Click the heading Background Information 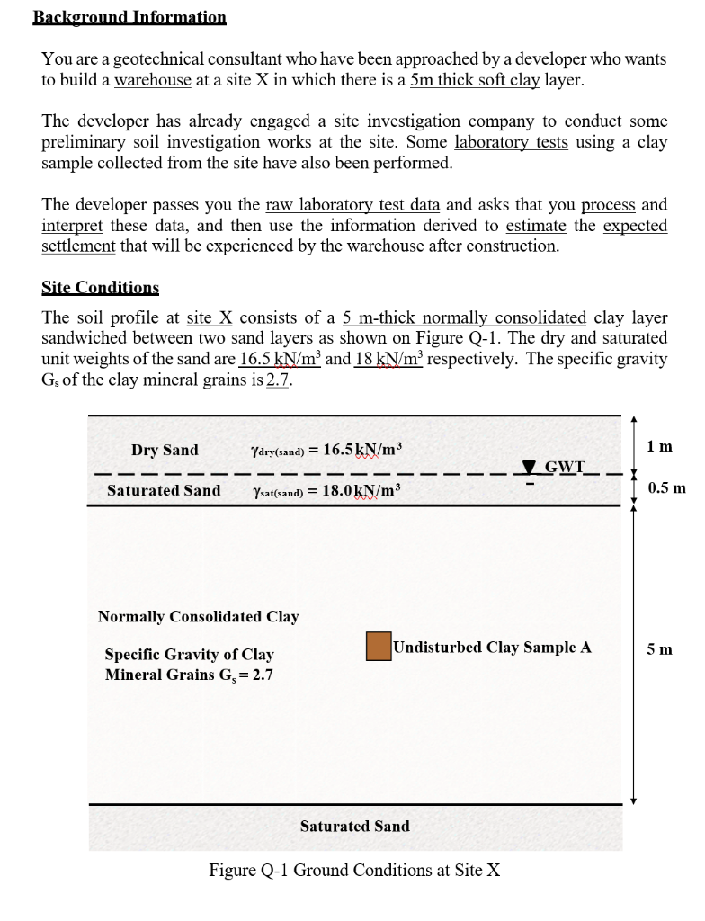(x=129, y=17)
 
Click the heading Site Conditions (x=100, y=288)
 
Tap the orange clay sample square (x=379, y=647)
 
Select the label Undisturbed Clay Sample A (x=492, y=647)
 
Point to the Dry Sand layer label (x=165, y=450)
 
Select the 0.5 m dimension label (x=666, y=488)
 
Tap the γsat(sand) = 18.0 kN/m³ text (x=328, y=490)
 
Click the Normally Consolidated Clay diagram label (x=198, y=616)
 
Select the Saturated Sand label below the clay (x=354, y=826)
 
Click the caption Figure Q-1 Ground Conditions (x=354, y=870)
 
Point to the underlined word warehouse (x=153, y=80)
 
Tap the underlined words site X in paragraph (x=210, y=318)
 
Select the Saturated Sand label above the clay (x=164, y=490)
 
